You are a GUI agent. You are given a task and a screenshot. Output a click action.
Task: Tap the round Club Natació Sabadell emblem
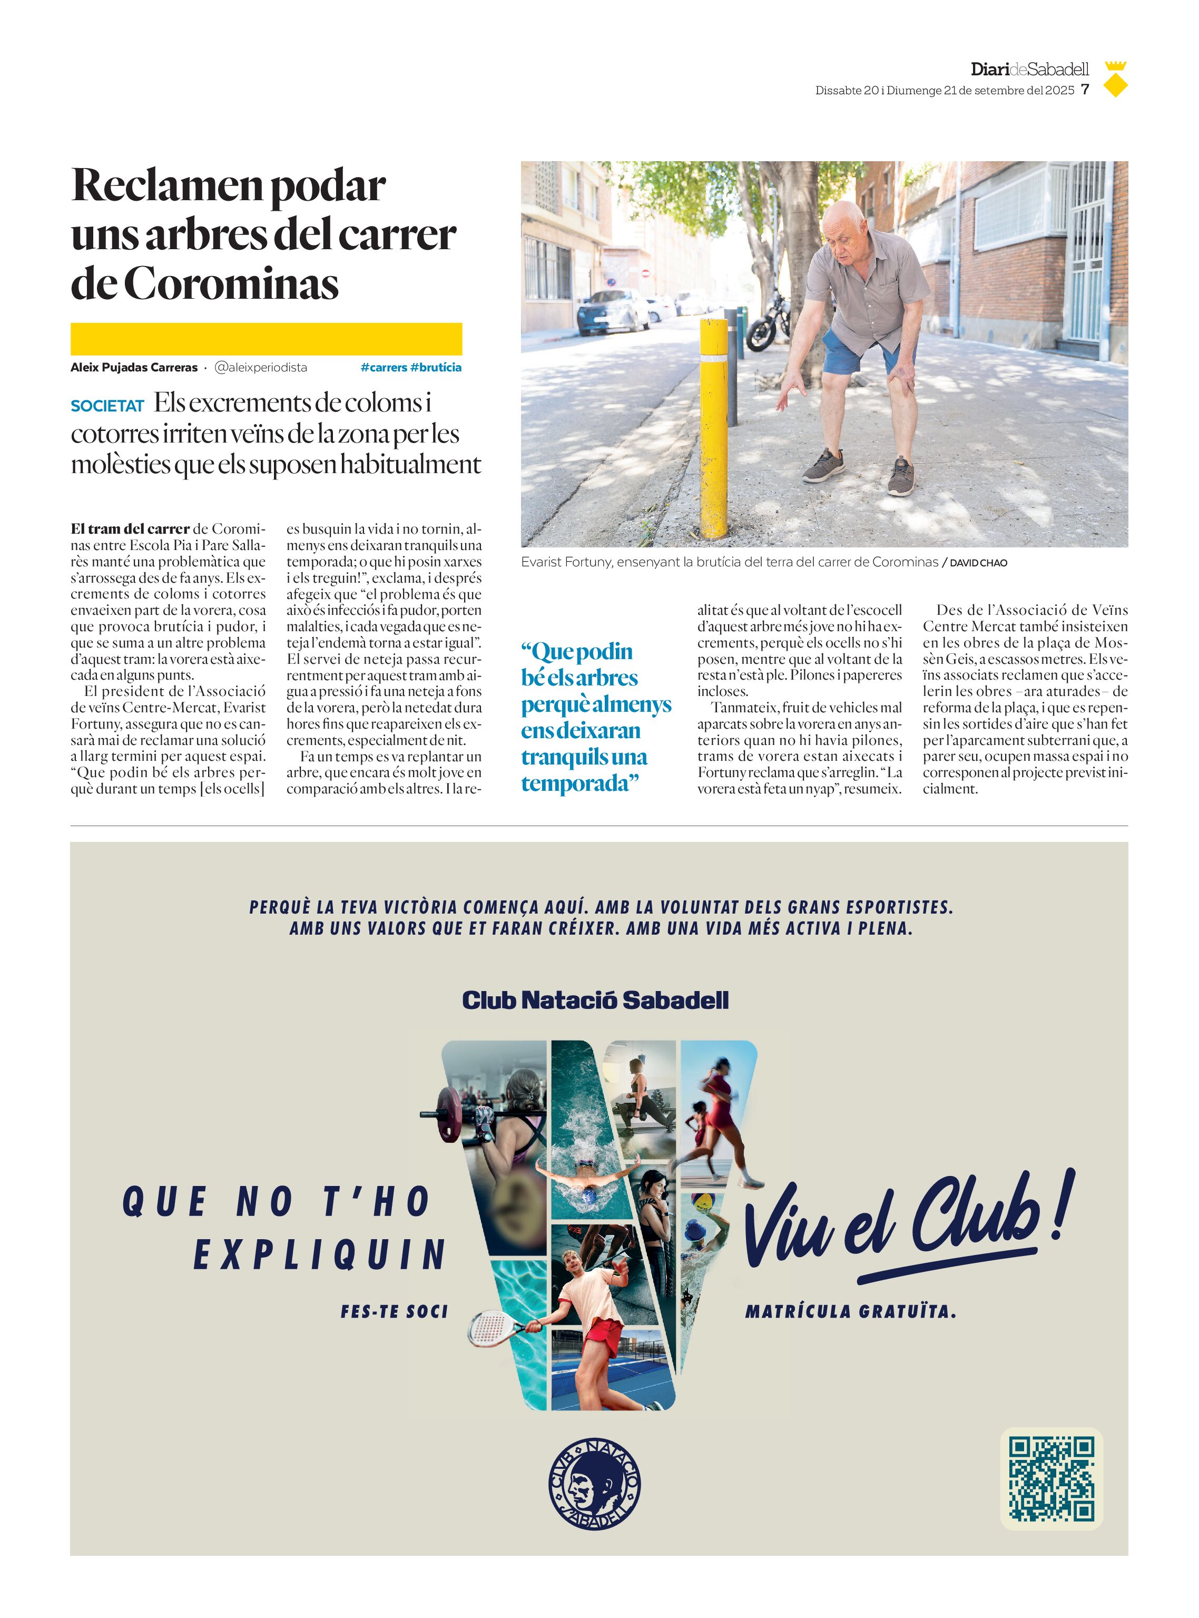point(594,1483)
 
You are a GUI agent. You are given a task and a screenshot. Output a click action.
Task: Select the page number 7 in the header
point(1085,89)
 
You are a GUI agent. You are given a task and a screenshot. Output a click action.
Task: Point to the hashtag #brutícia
point(436,367)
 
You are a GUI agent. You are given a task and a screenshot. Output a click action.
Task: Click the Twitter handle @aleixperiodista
point(261,367)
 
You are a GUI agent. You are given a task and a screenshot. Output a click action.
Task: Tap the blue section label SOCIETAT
point(107,406)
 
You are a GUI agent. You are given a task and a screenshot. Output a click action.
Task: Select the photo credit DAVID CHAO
point(978,563)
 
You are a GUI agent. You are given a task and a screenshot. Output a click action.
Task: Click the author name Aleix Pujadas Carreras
point(134,367)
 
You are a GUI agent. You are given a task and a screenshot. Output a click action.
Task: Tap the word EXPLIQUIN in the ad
point(319,1254)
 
